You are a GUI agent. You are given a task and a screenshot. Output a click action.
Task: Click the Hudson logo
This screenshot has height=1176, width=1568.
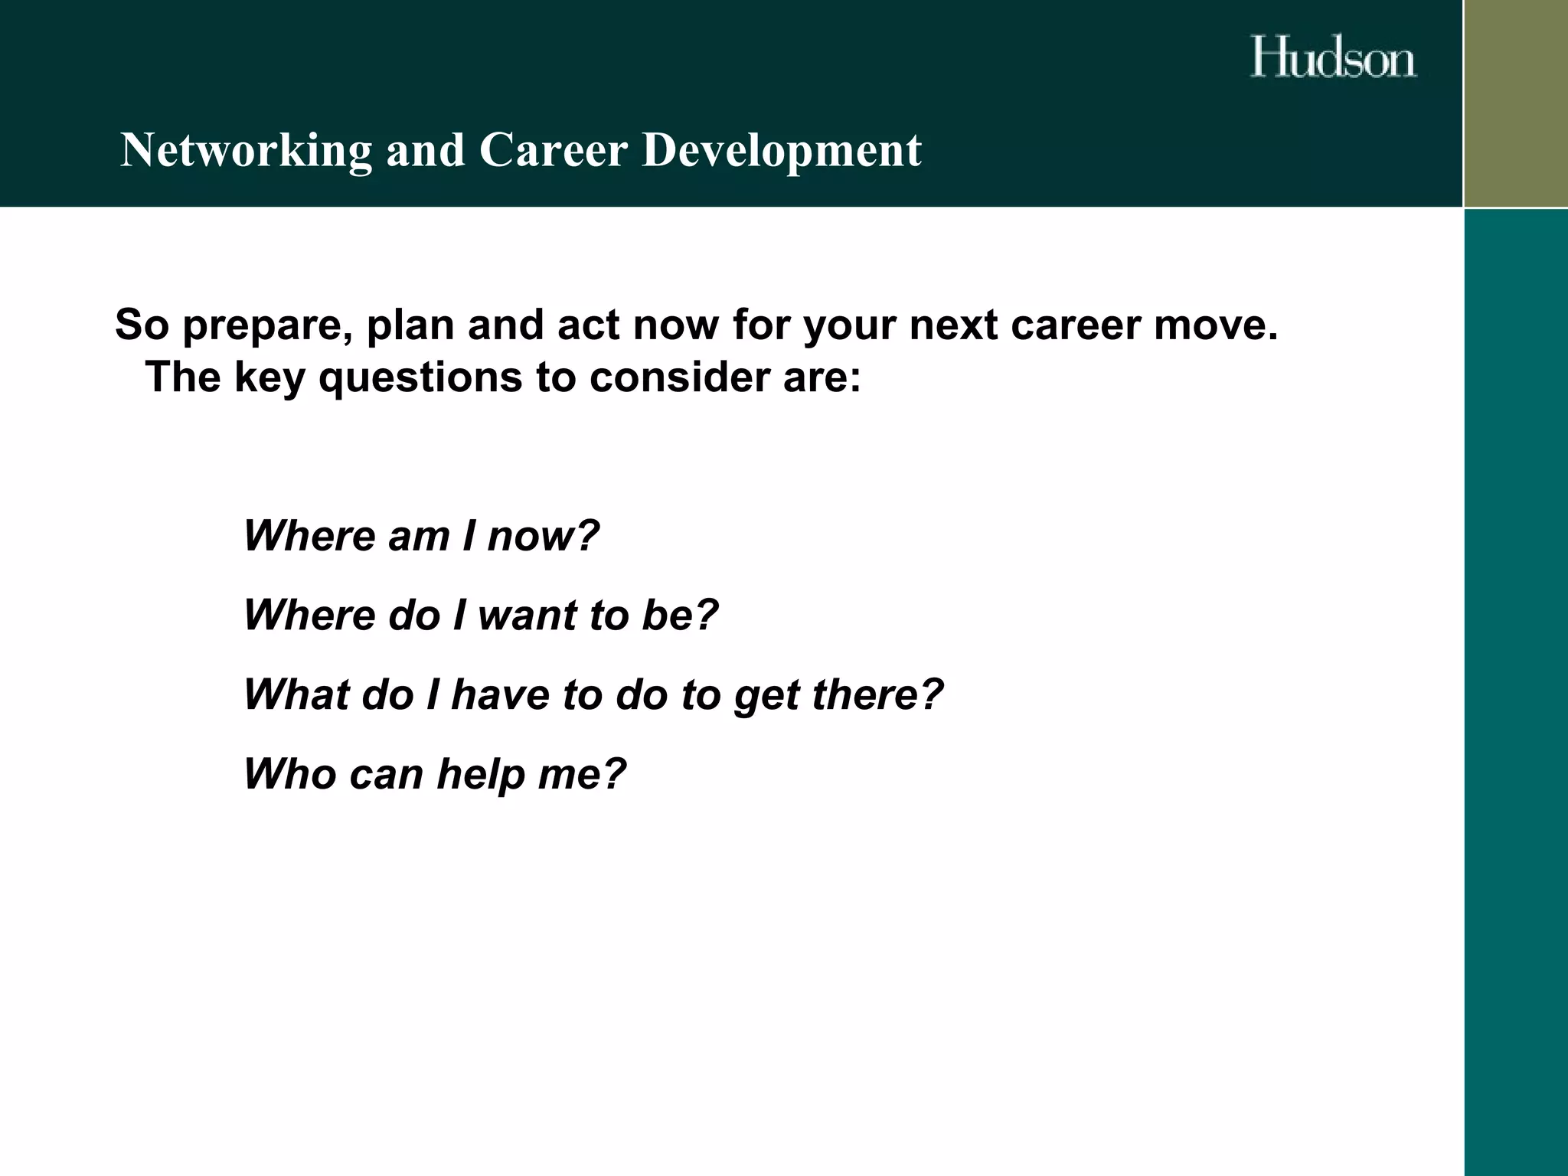pyautogui.click(x=1333, y=57)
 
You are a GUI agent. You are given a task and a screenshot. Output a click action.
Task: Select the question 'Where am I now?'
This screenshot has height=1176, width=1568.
pyautogui.click(x=421, y=536)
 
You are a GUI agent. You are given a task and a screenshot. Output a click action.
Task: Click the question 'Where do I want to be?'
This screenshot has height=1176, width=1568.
pyautogui.click(x=481, y=615)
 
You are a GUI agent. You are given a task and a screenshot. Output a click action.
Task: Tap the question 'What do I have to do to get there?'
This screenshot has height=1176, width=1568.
pyautogui.click(x=593, y=694)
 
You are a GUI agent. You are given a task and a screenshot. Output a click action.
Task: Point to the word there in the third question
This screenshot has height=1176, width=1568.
pyautogui.click(x=876, y=694)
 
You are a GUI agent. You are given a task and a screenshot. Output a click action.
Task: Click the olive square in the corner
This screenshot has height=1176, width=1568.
pyautogui.click(x=1516, y=103)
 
